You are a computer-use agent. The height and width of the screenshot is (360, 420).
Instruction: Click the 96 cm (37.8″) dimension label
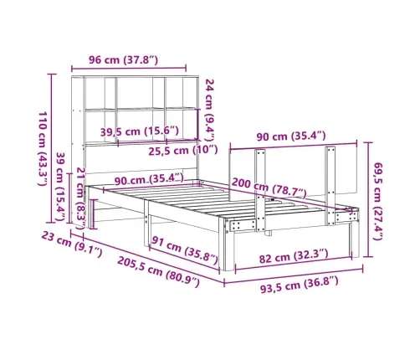click(x=123, y=59)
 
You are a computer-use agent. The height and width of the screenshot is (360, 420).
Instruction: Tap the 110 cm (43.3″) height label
click(x=43, y=148)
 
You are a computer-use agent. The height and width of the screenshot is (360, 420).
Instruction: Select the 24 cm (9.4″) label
click(x=210, y=110)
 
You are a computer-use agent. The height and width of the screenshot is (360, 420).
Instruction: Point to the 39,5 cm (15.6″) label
click(x=139, y=131)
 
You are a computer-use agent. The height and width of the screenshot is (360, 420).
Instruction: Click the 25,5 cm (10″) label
click(x=182, y=151)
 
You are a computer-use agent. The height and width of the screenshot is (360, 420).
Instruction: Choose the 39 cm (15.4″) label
click(x=61, y=187)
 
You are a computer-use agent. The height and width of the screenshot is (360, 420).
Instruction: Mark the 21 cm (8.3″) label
click(x=81, y=198)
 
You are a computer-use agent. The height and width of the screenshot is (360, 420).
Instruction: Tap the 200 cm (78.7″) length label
click(x=269, y=188)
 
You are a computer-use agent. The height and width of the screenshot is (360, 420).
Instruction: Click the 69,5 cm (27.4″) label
click(x=377, y=201)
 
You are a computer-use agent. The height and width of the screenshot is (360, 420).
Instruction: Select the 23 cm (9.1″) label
click(x=72, y=244)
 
